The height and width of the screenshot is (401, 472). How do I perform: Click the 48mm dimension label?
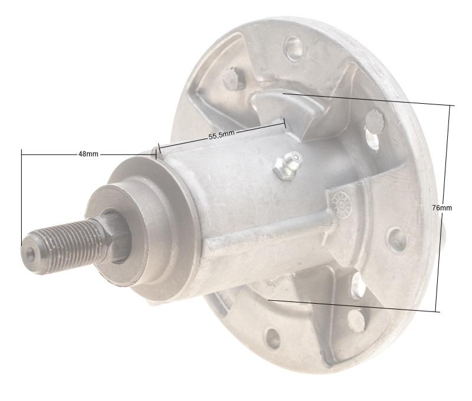coord(88,154)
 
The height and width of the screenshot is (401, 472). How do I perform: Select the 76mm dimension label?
coord(441,208)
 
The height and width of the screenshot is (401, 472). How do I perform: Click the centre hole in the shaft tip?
coord(31,253)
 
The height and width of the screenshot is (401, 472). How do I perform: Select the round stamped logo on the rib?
coord(340,205)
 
